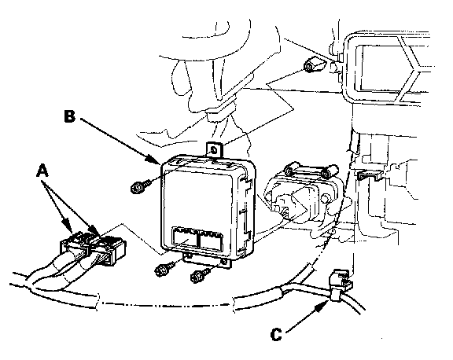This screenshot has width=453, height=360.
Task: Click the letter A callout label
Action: pos(42,170)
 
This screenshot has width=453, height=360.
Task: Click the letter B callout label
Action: pos(69,116)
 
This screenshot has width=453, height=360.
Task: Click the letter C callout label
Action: pos(276,334)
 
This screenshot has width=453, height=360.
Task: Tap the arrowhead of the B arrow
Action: pos(156,160)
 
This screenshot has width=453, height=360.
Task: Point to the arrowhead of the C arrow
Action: pos(323,305)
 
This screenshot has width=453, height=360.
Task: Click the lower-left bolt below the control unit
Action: pos(164,269)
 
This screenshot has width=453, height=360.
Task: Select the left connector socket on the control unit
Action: pos(185,237)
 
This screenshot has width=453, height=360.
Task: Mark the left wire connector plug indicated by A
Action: pos(75,244)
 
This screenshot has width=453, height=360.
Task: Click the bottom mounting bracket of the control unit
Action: pos(207,260)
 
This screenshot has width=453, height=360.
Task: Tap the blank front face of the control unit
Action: pos(198,199)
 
